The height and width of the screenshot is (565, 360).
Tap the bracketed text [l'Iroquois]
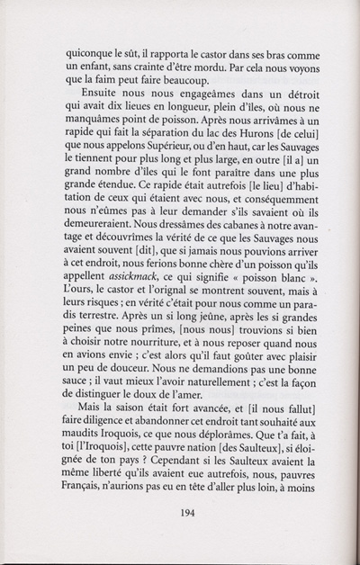coord(102,436)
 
